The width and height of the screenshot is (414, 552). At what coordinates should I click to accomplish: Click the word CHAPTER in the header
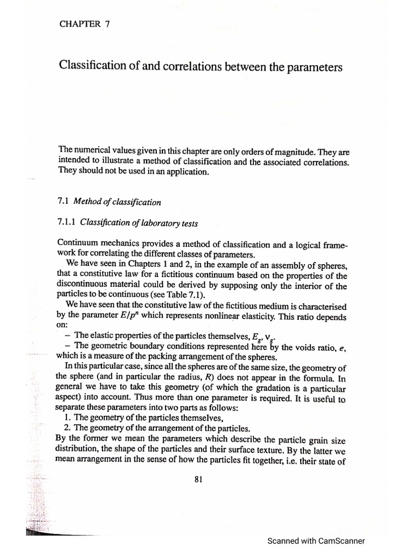(x=78, y=23)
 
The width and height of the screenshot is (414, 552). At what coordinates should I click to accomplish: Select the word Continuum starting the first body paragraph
(x=78, y=244)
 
